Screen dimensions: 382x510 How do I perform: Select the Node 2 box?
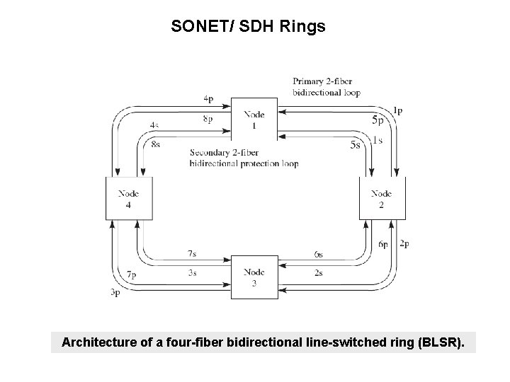point(382,199)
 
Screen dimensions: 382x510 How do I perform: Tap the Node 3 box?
point(254,277)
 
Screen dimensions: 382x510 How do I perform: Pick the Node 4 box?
point(128,199)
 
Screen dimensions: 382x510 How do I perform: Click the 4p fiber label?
point(207,98)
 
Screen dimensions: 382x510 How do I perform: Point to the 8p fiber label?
point(207,120)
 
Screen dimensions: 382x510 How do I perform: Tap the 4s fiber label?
point(154,125)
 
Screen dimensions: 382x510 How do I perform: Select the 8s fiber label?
point(156,144)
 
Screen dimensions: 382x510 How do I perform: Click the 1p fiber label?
point(397,110)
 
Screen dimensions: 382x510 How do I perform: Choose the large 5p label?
point(379,120)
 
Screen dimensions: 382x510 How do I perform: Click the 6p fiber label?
point(382,244)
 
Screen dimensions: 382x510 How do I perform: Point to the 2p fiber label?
point(404,244)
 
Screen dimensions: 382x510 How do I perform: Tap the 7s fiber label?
point(193,253)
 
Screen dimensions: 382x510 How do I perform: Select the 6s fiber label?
point(319,253)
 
